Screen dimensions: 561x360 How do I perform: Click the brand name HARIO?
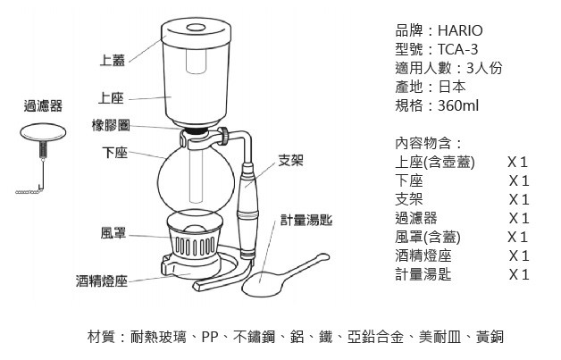pyautogui.click(x=460, y=30)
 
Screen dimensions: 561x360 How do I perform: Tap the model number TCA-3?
pyautogui.click(x=457, y=49)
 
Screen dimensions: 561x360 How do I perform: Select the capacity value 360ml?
pyautogui.click(x=458, y=105)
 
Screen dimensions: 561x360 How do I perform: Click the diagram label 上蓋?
pyautogui.click(x=113, y=60)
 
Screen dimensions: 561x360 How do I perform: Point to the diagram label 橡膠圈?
pyautogui.click(x=111, y=126)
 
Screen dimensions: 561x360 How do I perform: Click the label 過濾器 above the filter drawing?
pyautogui.click(x=43, y=106)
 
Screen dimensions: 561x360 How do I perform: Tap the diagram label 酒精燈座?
pyautogui.click(x=102, y=280)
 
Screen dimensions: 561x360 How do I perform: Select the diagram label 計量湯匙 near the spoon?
pyautogui.click(x=306, y=220)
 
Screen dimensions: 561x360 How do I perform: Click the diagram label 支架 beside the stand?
pyautogui.click(x=291, y=160)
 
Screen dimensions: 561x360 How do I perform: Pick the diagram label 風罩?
pyautogui.click(x=113, y=233)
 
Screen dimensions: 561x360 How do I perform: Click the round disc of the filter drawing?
pyautogui.click(x=43, y=132)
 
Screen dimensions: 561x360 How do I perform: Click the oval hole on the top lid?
pyautogui.click(x=196, y=28)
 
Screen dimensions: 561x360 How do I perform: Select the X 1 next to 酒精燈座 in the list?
pyautogui.click(x=519, y=255)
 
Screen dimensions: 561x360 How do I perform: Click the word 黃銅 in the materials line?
pyautogui.click(x=490, y=337)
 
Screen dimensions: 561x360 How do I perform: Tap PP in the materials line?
pyautogui.click(x=210, y=337)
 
